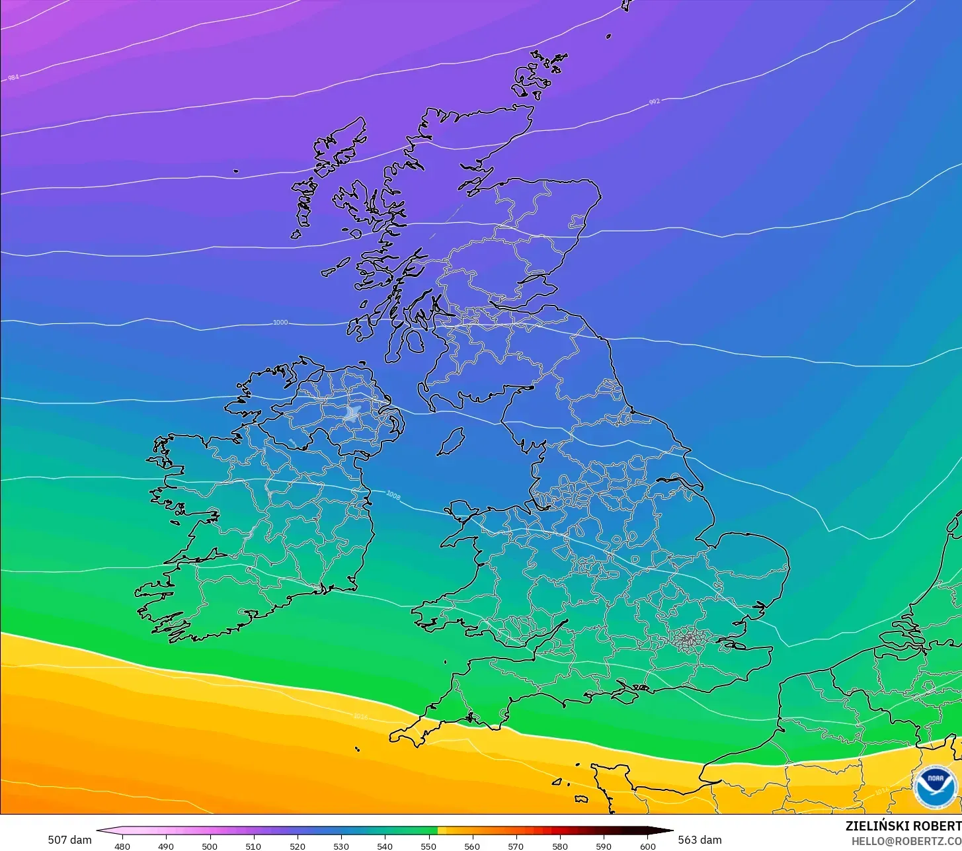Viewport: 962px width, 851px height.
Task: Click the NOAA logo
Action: (x=935, y=786)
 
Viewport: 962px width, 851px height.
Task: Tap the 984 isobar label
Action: (x=13, y=77)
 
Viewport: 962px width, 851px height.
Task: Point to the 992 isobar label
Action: (x=654, y=102)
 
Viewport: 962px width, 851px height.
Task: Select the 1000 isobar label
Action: (x=280, y=323)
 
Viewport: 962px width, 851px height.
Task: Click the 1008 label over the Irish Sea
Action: (x=393, y=495)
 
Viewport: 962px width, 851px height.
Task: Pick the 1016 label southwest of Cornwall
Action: (x=360, y=716)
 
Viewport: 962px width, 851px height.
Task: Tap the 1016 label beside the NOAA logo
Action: (x=881, y=791)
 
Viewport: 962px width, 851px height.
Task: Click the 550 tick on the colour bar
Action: (x=428, y=846)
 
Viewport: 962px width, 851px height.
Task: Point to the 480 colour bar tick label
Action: (x=122, y=846)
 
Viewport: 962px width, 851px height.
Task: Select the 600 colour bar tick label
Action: (x=647, y=846)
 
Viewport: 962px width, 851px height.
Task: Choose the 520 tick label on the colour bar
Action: (x=297, y=846)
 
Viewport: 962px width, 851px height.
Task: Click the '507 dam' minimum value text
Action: (x=69, y=840)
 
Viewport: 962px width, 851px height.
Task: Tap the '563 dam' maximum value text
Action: (x=700, y=840)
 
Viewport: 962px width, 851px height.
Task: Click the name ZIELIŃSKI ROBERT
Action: (x=903, y=826)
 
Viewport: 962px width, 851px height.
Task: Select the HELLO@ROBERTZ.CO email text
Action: (x=906, y=841)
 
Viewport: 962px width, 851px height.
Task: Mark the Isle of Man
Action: (x=451, y=441)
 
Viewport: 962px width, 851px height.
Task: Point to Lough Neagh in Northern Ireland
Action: (x=352, y=414)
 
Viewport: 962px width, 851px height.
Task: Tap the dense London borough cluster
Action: (x=690, y=639)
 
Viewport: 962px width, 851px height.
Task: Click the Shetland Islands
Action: (x=539, y=73)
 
